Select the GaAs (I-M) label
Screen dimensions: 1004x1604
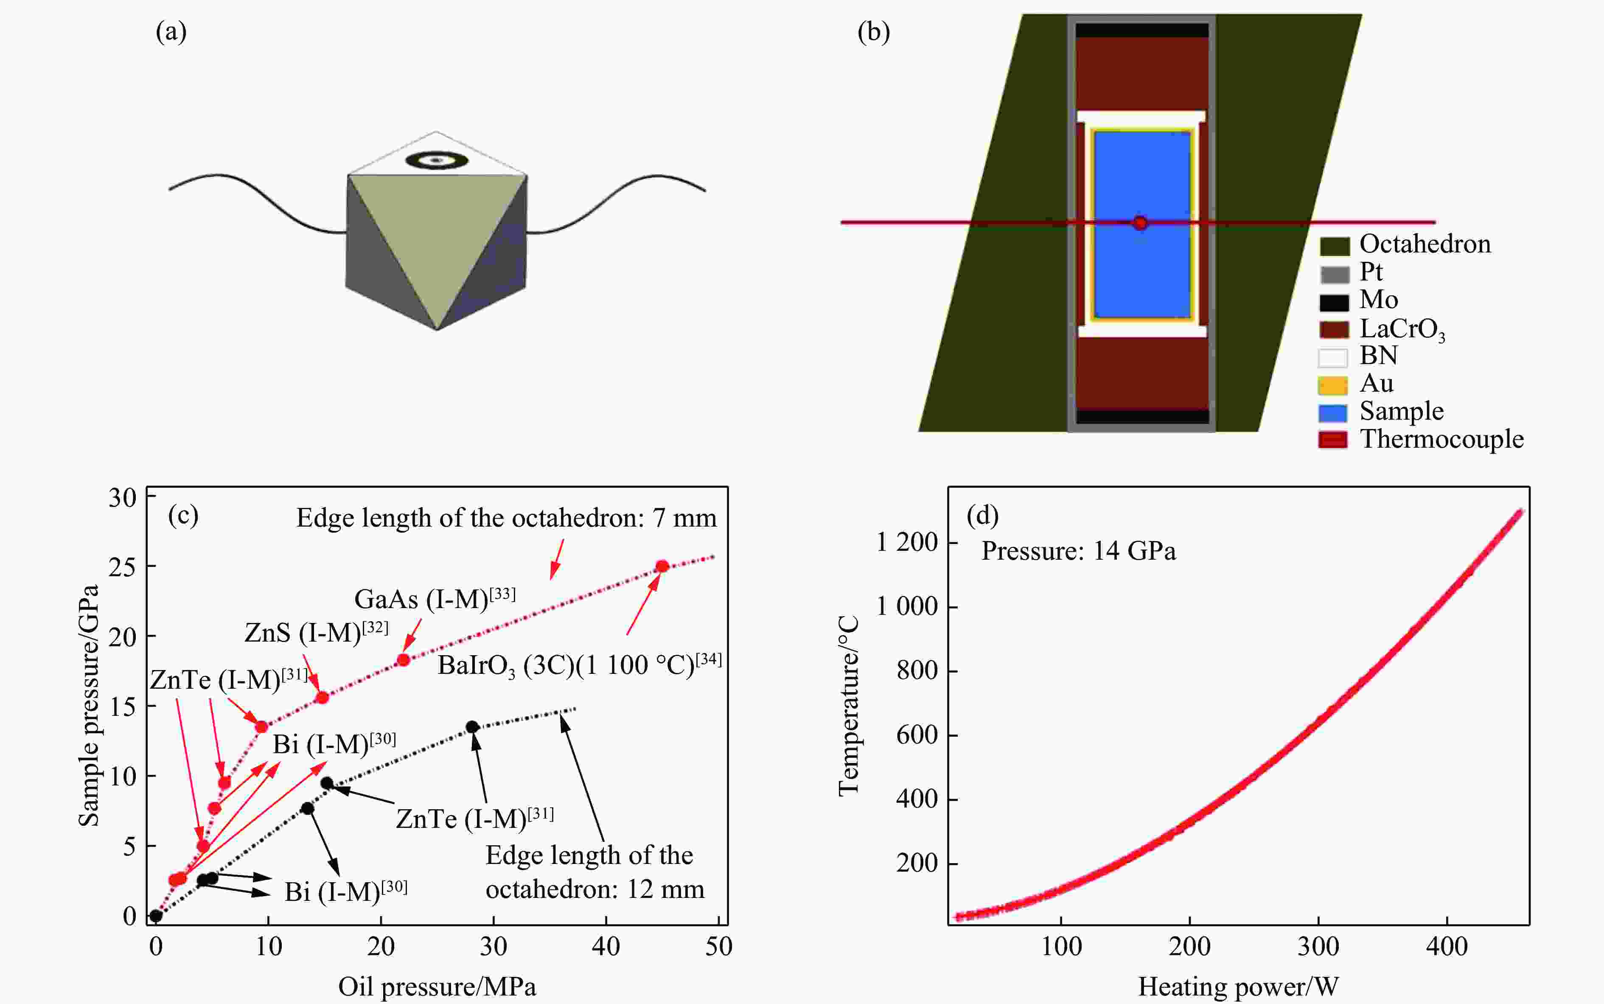[434, 599]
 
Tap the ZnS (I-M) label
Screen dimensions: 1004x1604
[316, 632]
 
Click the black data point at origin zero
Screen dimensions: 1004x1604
[156, 916]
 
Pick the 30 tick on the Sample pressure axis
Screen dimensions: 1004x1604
[123, 497]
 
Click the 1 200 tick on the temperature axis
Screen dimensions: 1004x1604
[907, 542]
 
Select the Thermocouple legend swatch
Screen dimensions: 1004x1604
[1332, 440]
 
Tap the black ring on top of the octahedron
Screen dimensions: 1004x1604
[436, 160]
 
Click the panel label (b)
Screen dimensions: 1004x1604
[873, 32]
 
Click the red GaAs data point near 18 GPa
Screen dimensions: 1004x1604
[403, 659]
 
